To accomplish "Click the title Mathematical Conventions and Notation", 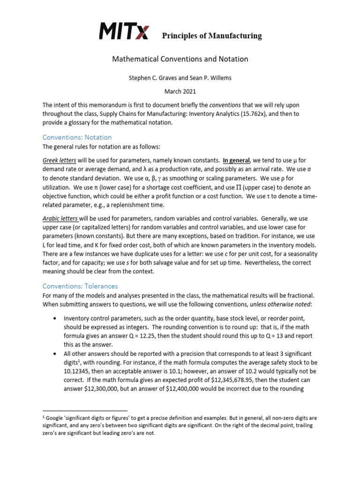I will pos(180,59).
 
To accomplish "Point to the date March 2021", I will pos(180,91).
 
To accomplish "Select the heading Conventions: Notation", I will pos(77,137).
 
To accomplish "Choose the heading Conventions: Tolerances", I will pos(80,286).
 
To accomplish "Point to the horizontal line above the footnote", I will pos(85,410).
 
